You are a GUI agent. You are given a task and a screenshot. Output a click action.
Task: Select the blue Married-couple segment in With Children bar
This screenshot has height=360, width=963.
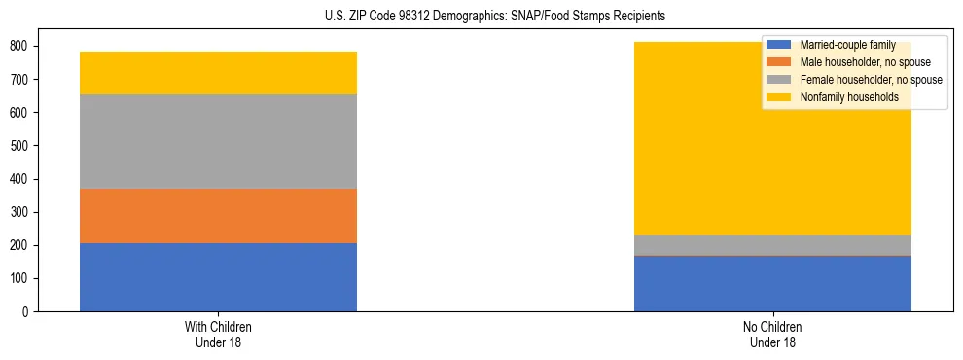pyautogui.click(x=218, y=277)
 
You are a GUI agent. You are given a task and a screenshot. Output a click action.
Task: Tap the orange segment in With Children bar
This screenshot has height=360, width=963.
pyautogui.click(x=218, y=215)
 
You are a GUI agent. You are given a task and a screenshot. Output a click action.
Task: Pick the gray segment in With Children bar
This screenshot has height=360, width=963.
pyautogui.click(x=218, y=141)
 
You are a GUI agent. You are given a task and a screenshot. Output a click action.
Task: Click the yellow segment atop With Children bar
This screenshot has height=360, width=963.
pyautogui.click(x=218, y=73)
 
